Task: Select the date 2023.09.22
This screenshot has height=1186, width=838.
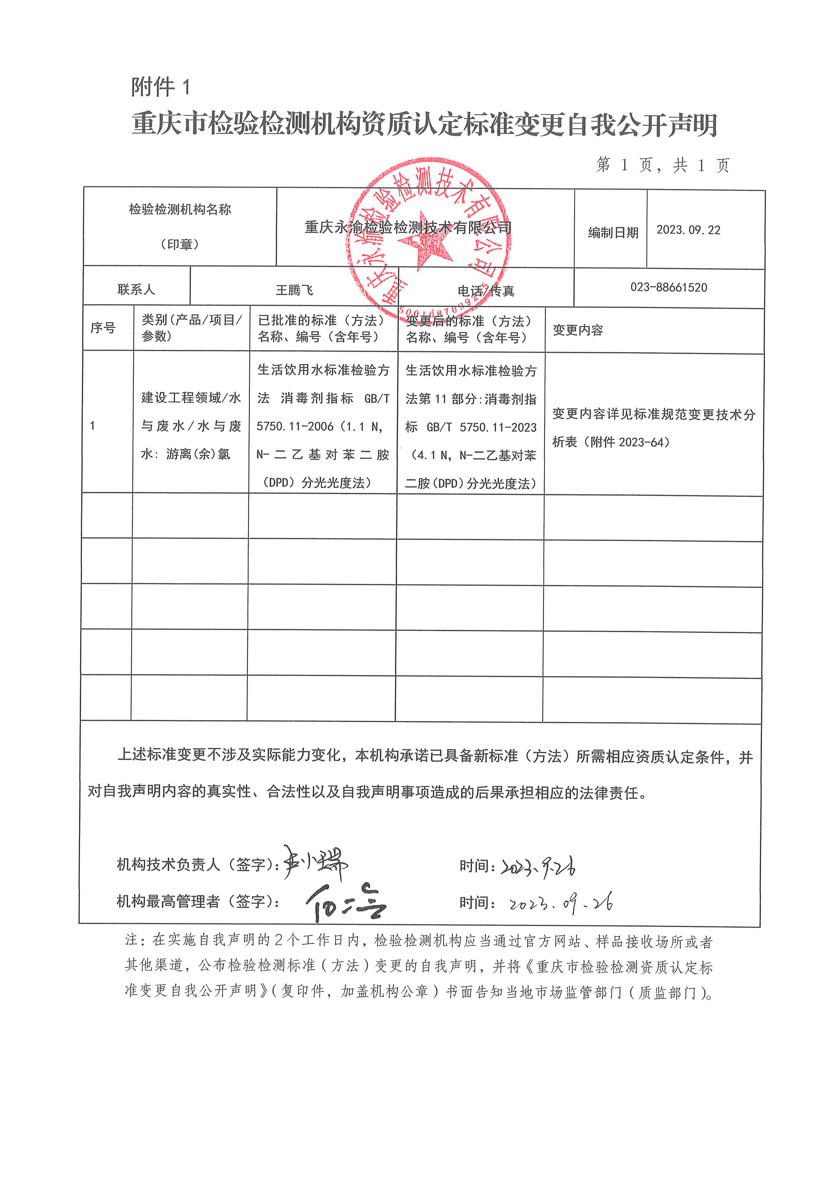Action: pyautogui.click(x=688, y=230)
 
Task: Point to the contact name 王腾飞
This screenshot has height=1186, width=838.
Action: pyautogui.click(x=294, y=290)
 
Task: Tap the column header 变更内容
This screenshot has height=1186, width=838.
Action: pyautogui.click(x=578, y=330)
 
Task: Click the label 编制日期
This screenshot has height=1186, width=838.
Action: pyautogui.click(x=613, y=233)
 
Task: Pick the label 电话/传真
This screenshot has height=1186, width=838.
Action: pyautogui.click(x=486, y=291)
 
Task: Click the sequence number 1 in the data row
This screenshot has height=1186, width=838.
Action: pyautogui.click(x=93, y=426)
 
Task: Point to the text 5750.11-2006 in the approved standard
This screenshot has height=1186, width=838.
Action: pyautogui.click(x=295, y=426)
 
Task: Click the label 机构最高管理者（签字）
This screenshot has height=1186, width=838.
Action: pyautogui.click(x=198, y=901)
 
